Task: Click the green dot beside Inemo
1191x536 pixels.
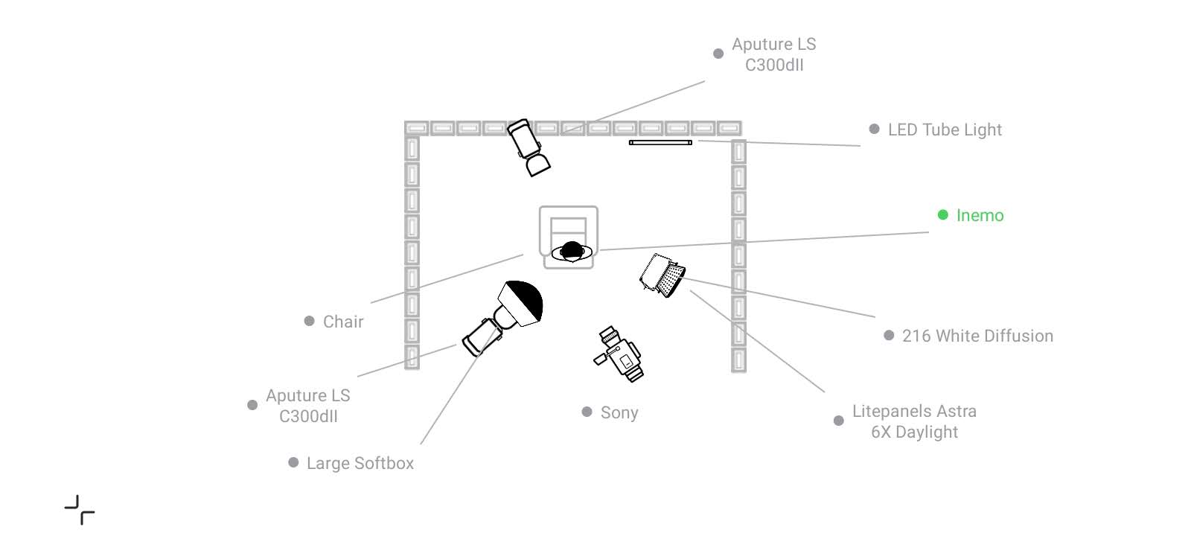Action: (x=942, y=215)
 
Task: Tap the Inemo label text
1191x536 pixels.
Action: (x=980, y=215)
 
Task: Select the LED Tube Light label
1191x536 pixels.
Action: (x=945, y=130)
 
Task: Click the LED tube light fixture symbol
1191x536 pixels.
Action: (x=660, y=142)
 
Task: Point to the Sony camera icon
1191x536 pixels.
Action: (x=619, y=354)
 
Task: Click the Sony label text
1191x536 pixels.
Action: (x=619, y=412)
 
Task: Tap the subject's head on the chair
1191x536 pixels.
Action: (x=572, y=251)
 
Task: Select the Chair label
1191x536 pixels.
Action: (x=343, y=322)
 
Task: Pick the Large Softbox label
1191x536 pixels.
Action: (x=360, y=463)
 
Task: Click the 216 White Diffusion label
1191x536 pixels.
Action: (x=977, y=336)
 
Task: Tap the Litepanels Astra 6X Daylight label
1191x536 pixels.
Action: (x=915, y=421)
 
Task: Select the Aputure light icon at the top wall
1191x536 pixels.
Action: (x=529, y=147)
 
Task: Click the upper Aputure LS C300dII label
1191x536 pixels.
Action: (x=773, y=54)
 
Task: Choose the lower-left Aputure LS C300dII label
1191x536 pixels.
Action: (x=308, y=406)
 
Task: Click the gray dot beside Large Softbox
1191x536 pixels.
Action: (x=293, y=462)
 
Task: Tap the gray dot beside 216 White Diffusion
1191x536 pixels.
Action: (x=889, y=336)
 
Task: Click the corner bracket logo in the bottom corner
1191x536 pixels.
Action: (x=80, y=509)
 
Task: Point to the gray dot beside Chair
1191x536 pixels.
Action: (x=309, y=321)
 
